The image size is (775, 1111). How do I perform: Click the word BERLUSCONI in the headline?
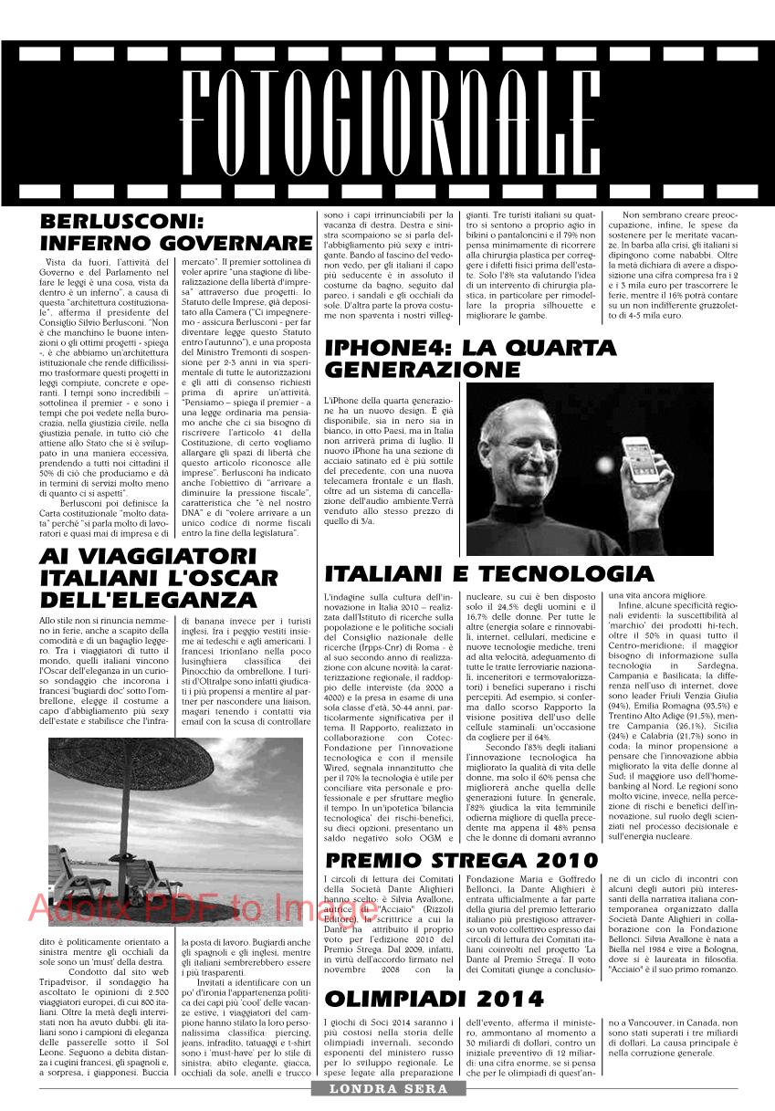coord(120,222)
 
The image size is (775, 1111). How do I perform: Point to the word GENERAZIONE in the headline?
coord(423,370)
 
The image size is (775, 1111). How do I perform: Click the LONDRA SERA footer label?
coord(387,1089)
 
